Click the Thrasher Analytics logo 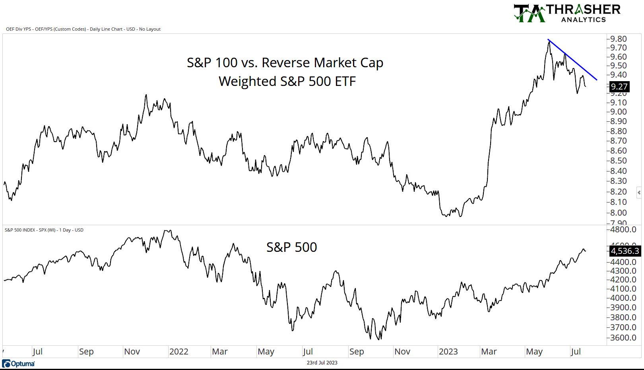pos(567,13)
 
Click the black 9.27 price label pos(619,86)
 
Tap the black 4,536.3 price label pos(625,251)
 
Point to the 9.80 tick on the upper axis pos(619,39)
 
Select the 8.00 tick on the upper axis pos(619,212)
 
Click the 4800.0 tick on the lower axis pos(623,230)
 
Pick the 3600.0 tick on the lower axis pos(623,337)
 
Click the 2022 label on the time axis pos(178,352)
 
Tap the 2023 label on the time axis pos(448,352)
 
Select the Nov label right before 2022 pos(132,352)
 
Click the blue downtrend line pos(572,60)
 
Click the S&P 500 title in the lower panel pos(291,247)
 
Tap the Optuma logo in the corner pos(18,364)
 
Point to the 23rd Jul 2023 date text pos(322,362)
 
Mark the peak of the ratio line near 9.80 pos(549,41)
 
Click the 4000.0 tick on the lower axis pos(623,298)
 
